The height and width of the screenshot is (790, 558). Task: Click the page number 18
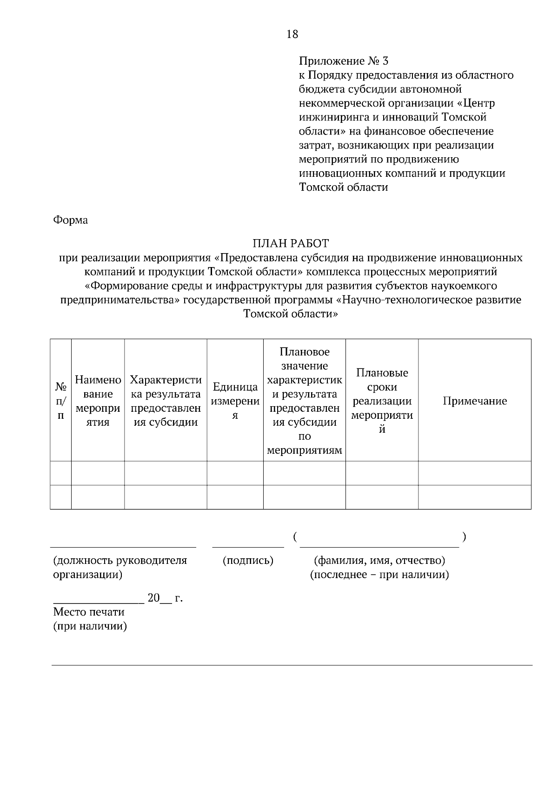pyautogui.click(x=292, y=34)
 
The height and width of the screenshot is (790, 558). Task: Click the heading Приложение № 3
pyautogui.click(x=343, y=61)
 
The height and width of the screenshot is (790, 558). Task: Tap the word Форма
pyautogui.click(x=71, y=220)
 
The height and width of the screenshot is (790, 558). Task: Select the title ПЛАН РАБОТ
pyautogui.click(x=291, y=243)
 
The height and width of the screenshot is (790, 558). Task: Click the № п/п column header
pyautogui.click(x=60, y=401)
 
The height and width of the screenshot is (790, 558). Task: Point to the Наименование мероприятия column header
pyautogui.click(x=98, y=401)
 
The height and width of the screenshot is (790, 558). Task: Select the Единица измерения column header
pyautogui.click(x=235, y=401)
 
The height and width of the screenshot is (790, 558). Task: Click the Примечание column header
pyautogui.click(x=474, y=401)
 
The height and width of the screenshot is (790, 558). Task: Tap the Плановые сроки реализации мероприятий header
pyautogui.click(x=382, y=401)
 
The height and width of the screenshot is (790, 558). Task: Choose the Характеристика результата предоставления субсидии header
pyautogui.click(x=166, y=401)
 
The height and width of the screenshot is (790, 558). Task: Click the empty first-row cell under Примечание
pyautogui.click(x=474, y=473)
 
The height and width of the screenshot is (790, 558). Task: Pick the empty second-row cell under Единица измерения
pyautogui.click(x=235, y=497)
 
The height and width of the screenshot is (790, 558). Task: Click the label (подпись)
pyautogui.click(x=248, y=561)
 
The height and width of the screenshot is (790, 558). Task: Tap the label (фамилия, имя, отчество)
pyautogui.click(x=379, y=561)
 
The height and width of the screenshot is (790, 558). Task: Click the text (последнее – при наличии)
pyautogui.click(x=379, y=575)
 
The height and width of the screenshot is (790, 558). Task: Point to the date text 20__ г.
pyautogui.click(x=165, y=598)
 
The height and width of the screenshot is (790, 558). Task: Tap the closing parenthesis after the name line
pyautogui.click(x=464, y=537)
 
